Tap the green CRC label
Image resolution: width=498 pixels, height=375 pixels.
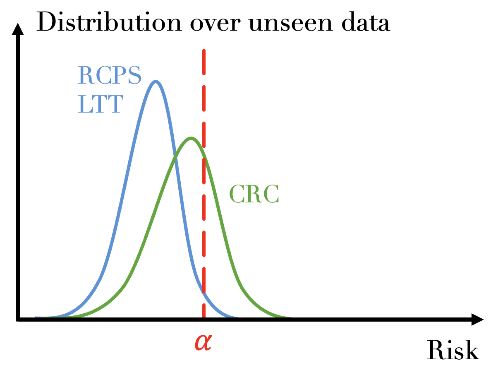click(254, 194)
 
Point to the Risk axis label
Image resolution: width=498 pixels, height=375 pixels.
click(453, 350)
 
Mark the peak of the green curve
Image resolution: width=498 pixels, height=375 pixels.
click(191, 138)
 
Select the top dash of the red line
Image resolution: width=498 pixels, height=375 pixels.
click(204, 62)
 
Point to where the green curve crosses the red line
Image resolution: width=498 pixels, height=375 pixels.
click(204, 156)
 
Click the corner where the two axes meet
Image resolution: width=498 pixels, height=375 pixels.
click(18, 319)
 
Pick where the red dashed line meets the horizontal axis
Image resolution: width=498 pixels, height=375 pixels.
click(204, 319)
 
